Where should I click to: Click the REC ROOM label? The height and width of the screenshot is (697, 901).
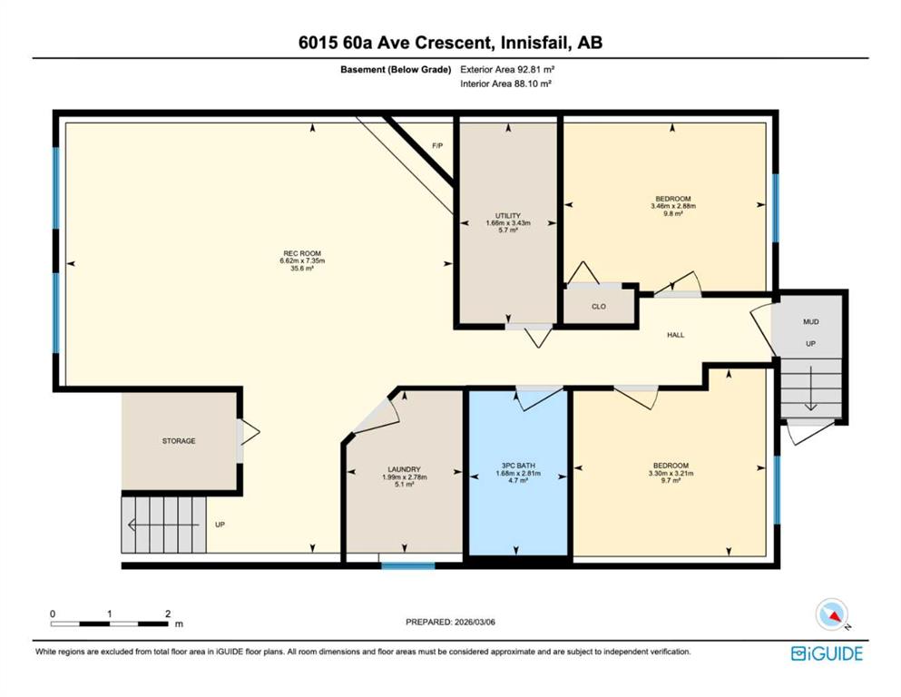(x=302, y=253)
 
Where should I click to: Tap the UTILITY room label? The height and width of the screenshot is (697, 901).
(x=508, y=215)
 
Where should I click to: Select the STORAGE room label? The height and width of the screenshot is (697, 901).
(x=179, y=441)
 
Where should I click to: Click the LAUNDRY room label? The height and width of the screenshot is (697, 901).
(x=404, y=469)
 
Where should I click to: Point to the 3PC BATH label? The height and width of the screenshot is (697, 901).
(x=518, y=466)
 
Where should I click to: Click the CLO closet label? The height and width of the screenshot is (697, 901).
(x=599, y=306)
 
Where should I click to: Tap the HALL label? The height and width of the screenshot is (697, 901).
(x=676, y=334)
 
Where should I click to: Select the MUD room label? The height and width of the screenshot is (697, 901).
(x=811, y=322)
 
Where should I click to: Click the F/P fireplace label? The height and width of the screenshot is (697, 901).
(x=438, y=145)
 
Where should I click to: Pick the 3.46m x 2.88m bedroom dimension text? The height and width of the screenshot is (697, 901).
(x=673, y=206)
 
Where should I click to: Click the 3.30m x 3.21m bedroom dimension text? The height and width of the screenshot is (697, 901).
(x=671, y=474)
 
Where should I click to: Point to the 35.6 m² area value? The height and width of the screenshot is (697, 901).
(x=302, y=268)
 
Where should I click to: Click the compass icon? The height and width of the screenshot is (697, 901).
(x=832, y=614)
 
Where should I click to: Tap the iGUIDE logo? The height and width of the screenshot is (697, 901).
(x=827, y=653)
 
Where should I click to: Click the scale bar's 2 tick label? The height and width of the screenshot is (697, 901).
(x=168, y=614)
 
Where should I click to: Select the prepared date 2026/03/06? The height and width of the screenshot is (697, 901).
(x=475, y=622)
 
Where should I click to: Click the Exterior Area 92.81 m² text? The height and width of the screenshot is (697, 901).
(x=507, y=70)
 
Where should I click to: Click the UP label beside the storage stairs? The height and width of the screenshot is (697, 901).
(x=220, y=525)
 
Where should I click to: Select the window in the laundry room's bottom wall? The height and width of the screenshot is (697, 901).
(x=408, y=566)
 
